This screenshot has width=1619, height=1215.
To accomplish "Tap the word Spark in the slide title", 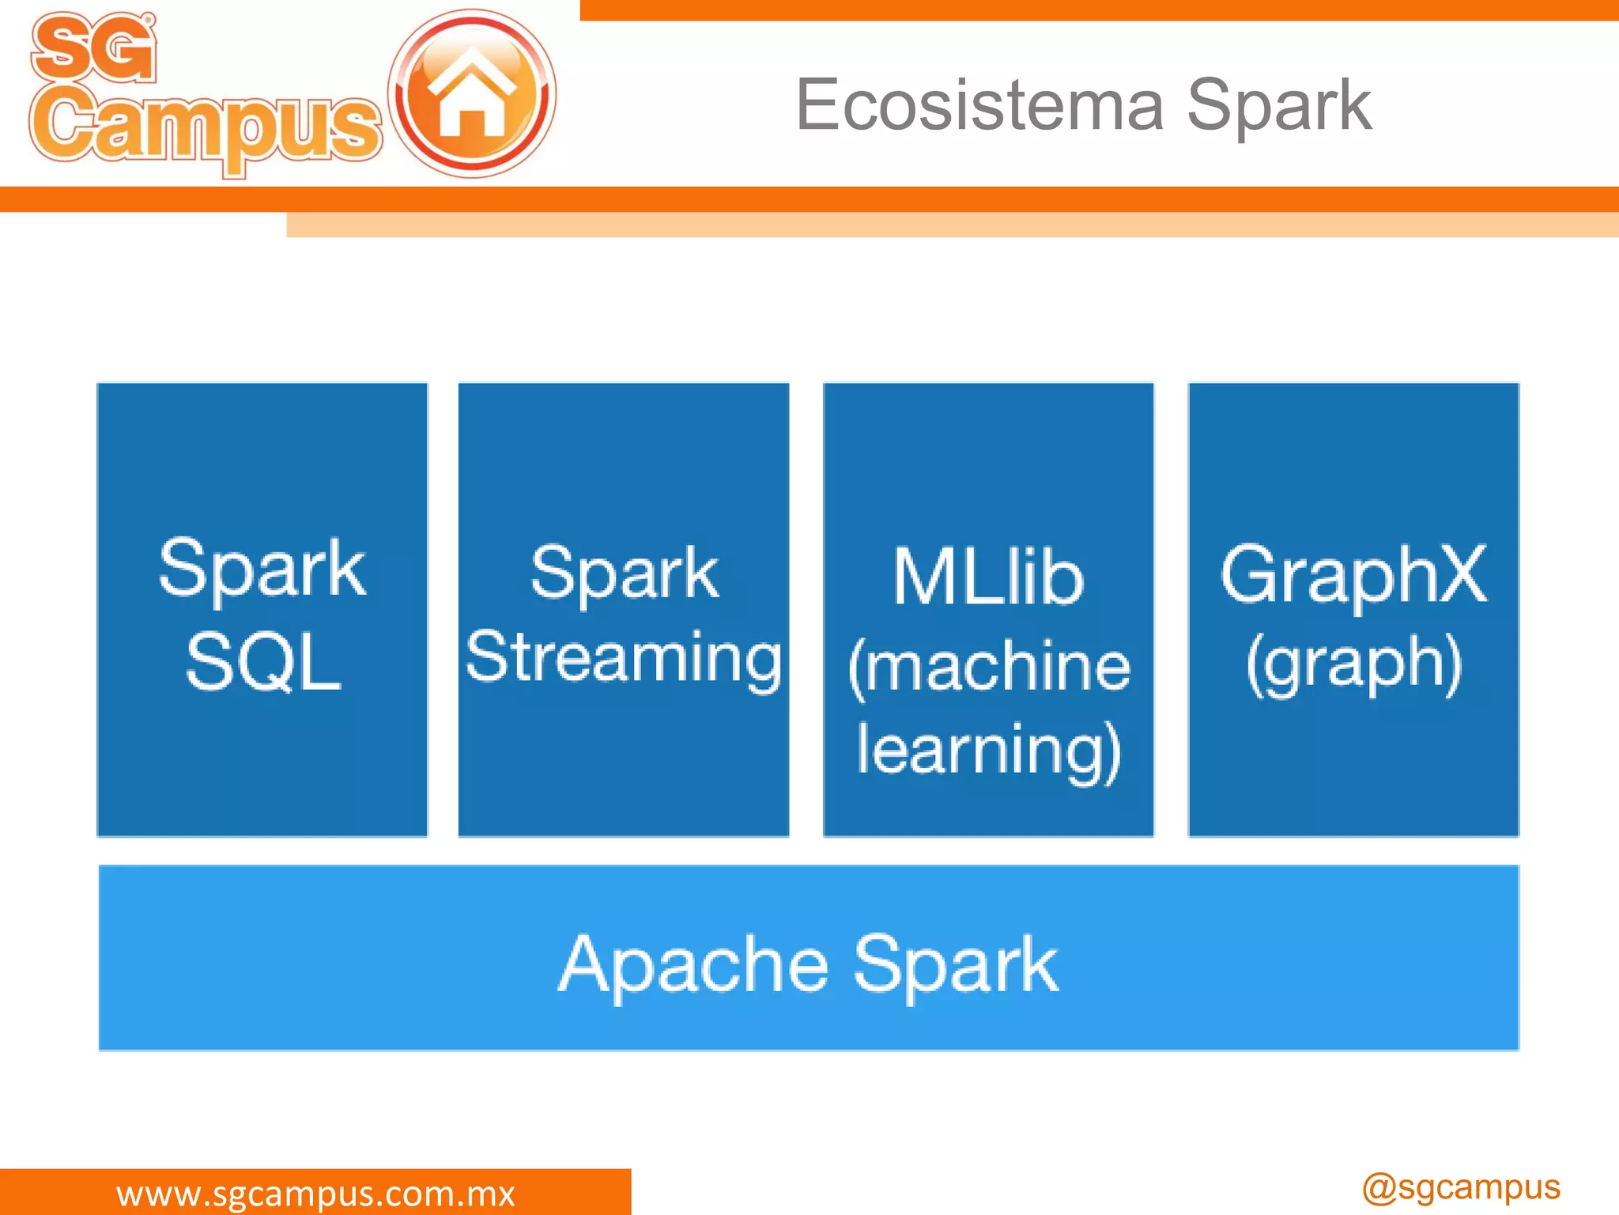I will [x=1278, y=107].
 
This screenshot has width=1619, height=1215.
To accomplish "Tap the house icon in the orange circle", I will [x=472, y=93].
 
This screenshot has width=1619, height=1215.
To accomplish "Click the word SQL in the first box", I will [x=262, y=663].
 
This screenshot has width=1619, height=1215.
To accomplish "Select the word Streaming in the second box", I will [x=624, y=658].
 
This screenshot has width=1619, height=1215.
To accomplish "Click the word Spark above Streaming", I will [x=624, y=573].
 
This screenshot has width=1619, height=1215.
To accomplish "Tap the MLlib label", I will [x=988, y=577].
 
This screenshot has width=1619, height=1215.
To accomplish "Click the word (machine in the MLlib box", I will [x=988, y=666].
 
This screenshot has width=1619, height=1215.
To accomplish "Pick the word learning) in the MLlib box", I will [x=988, y=750].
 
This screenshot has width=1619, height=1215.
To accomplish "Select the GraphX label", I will [x=1353, y=574].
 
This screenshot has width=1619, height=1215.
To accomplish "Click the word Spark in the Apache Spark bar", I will [x=956, y=965].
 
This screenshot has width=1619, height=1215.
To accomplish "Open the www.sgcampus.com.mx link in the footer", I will [x=315, y=1194].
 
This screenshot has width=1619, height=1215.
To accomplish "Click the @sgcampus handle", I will [x=1461, y=1187].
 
